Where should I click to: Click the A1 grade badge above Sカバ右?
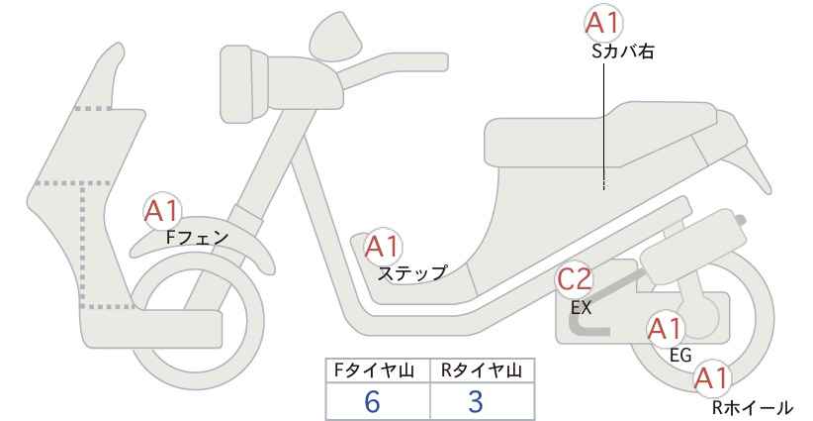603,24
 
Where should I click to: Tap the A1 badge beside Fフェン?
163,212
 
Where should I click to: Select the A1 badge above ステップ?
383,247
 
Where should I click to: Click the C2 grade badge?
575,279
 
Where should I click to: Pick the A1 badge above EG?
666,329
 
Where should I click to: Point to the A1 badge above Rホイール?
711,378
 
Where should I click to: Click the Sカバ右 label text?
622,52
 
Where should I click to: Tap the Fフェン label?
197,238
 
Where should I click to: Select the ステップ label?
411,273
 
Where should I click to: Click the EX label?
581,307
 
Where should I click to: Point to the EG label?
680,356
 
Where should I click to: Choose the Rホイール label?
752,407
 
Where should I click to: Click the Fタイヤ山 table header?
374,370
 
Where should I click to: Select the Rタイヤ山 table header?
482,370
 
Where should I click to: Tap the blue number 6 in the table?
372,401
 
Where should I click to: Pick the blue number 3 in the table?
476,401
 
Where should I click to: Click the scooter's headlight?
243,83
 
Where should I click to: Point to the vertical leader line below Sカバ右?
604,126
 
